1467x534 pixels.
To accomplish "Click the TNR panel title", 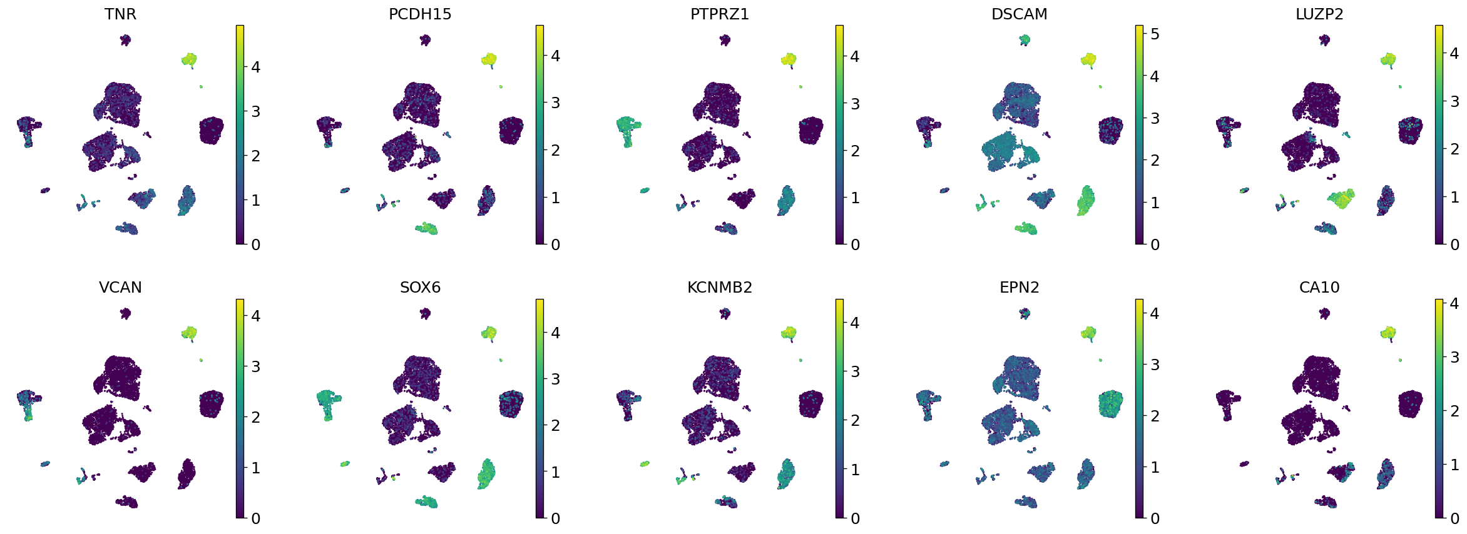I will tap(120, 14).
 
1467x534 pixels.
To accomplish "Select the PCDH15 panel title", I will tap(420, 14).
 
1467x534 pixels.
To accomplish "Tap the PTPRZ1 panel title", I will tap(720, 14).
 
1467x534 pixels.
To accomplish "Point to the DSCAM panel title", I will tap(1019, 14).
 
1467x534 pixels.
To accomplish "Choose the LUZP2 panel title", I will tap(1319, 14).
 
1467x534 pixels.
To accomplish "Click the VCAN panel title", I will tap(120, 288).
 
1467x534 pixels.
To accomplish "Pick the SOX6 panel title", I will tap(420, 288).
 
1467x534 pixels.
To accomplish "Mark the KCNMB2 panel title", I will tap(720, 288).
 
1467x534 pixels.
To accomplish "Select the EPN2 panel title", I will tap(1019, 288).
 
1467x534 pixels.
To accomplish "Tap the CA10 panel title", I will tap(1319, 288).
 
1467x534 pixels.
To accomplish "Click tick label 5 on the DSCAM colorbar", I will tap(1155, 34).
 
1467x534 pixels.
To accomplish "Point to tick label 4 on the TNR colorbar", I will tap(255, 68).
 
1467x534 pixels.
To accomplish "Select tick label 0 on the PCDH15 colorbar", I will tap(555, 245).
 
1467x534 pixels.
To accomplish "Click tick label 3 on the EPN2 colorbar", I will tap(1155, 365).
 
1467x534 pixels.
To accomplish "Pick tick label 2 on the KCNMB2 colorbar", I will tap(855, 421).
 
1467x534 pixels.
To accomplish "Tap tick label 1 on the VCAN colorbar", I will tap(255, 468).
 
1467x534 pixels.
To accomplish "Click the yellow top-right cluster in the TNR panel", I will tap(189, 60).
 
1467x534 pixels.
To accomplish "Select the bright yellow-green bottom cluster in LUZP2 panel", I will tap(1341, 199).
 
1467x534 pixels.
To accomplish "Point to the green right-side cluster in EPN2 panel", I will tap(1111, 404).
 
